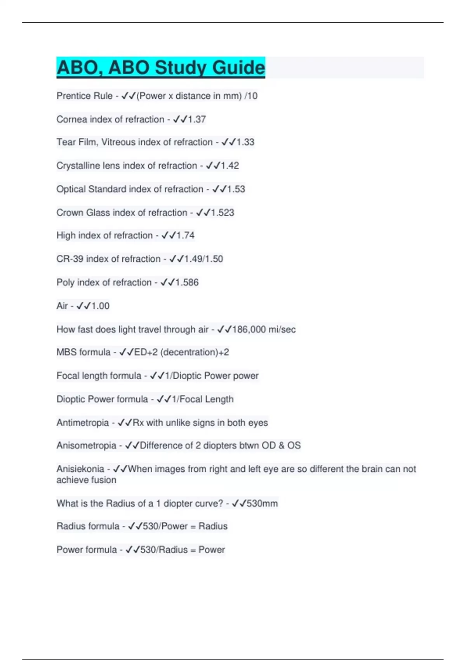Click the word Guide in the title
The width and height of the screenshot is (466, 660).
click(x=238, y=68)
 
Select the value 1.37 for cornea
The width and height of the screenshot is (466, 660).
click(x=197, y=119)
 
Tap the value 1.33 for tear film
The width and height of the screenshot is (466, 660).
click(x=245, y=142)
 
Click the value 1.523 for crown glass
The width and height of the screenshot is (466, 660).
click(x=223, y=212)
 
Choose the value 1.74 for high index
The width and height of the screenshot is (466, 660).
click(x=185, y=235)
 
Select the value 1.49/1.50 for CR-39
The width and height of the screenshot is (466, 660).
click(x=203, y=259)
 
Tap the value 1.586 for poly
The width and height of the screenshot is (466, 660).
click(x=187, y=282)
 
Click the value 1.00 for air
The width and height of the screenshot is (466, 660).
click(x=100, y=306)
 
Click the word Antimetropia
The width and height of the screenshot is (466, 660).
click(x=82, y=422)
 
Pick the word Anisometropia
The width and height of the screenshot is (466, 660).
click(x=86, y=445)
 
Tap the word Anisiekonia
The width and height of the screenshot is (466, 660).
click(x=80, y=469)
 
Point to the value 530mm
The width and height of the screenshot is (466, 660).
click(x=262, y=504)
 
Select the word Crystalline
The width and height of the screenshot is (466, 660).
click(x=78, y=166)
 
